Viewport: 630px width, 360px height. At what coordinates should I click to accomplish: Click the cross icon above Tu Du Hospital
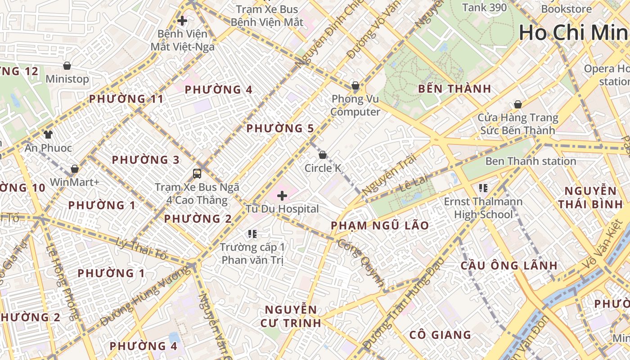click(x=282, y=196)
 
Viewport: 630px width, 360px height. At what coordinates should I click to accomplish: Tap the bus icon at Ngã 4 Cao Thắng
click(x=197, y=173)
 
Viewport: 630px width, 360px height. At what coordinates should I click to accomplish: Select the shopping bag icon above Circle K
click(x=323, y=155)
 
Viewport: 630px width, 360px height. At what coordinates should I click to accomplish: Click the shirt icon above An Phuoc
click(x=48, y=134)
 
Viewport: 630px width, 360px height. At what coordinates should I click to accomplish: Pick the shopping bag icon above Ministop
click(x=67, y=66)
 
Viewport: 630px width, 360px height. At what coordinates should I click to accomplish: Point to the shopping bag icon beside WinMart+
click(x=75, y=169)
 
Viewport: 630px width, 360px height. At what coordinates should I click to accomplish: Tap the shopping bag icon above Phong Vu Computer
click(x=355, y=85)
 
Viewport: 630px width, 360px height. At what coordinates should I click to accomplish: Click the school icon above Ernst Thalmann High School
click(x=483, y=188)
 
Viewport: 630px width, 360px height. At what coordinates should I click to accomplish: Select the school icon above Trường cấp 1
click(x=252, y=234)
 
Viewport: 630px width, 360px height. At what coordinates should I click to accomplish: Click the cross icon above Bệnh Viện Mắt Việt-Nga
click(x=182, y=20)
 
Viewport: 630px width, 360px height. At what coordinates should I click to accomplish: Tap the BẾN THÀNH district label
click(x=454, y=89)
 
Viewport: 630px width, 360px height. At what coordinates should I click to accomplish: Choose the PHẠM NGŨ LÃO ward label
click(x=380, y=225)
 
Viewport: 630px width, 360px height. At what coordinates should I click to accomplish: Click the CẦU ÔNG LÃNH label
click(x=509, y=265)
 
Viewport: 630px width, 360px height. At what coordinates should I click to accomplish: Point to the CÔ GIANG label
click(x=440, y=335)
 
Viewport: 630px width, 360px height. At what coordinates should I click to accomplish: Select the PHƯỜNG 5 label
click(x=280, y=129)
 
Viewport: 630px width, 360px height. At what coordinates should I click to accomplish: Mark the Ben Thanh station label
click(x=531, y=161)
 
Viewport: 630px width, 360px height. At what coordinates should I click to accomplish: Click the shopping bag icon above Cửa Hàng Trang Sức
click(x=518, y=104)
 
